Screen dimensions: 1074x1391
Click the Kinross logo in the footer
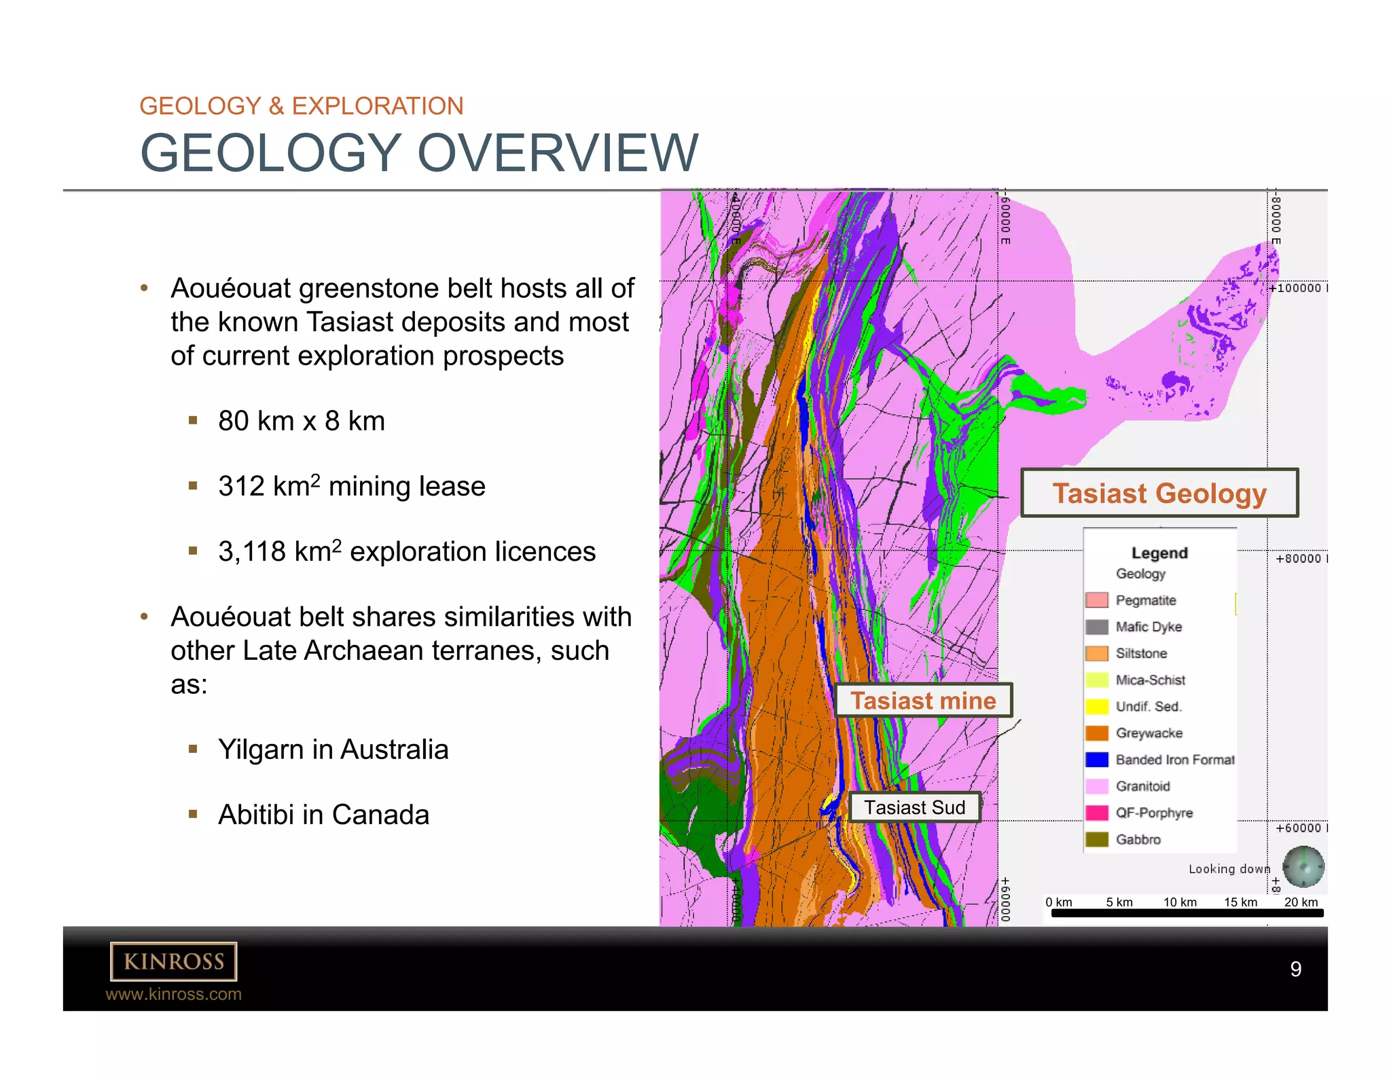174,961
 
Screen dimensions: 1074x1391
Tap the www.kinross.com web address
174,994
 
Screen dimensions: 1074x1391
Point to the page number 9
1295,969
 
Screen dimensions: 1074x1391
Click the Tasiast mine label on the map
923,701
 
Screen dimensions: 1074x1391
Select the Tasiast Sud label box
914,807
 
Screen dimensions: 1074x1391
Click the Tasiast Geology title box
1159,493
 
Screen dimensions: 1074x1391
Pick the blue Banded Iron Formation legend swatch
1096,760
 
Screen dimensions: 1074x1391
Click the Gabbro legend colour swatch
1096,839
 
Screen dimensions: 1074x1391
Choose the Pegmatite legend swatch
1096,600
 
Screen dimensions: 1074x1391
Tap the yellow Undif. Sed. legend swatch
1096,707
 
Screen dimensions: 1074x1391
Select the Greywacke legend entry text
1149,733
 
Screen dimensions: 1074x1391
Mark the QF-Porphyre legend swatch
1096,813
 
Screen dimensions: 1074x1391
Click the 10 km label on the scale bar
1180,902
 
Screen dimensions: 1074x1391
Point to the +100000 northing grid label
1297,288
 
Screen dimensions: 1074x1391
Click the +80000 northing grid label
1299,559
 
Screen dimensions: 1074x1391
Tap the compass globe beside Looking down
1303,867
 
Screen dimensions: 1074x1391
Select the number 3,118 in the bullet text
251,552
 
